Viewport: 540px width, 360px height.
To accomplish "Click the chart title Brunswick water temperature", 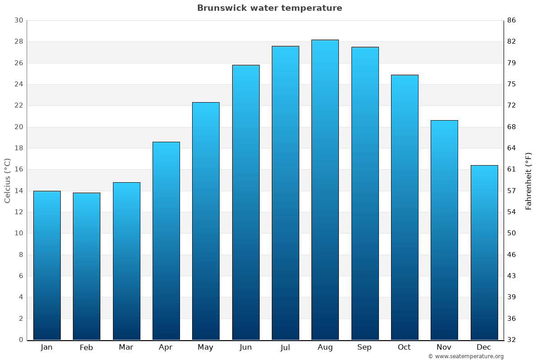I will pyautogui.click(x=270, y=8).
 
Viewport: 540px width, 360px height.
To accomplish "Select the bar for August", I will pyautogui.click(x=325, y=189).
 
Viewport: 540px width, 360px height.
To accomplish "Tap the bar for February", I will pyautogui.click(x=86, y=266).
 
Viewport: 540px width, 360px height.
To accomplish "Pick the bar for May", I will pyautogui.click(x=206, y=221).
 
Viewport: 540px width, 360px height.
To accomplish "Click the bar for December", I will pyautogui.click(x=484, y=252).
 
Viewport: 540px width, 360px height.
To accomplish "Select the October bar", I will pyautogui.click(x=405, y=207).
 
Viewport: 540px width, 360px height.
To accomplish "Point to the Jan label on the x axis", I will pyautogui.click(x=46, y=347).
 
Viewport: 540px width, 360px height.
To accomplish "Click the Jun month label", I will pyautogui.click(x=246, y=347).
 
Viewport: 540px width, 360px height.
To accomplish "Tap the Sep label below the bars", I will pyautogui.click(x=364, y=347).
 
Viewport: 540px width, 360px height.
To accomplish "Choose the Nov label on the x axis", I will pyautogui.click(x=444, y=347).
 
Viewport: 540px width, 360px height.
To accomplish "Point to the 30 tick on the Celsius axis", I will pyautogui.click(x=18, y=20).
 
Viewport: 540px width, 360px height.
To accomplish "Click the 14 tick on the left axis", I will pyautogui.click(x=18, y=191).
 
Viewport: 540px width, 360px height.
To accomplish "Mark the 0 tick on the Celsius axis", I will pyautogui.click(x=21, y=340).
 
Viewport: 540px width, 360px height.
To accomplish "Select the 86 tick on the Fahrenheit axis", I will pyautogui.click(x=511, y=20).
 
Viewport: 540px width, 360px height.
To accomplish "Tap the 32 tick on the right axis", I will pyautogui.click(x=511, y=340).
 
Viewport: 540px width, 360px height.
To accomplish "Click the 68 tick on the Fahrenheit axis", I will pyautogui.click(x=511, y=127).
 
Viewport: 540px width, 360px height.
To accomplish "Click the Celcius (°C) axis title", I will pyautogui.click(x=8, y=180).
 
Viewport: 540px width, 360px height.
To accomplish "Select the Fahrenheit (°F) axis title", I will pyautogui.click(x=529, y=180).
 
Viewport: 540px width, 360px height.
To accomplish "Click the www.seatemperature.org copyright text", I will pyautogui.click(x=466, y=356).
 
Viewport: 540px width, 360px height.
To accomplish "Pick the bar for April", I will pyautogui.click(x=166, y=241).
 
